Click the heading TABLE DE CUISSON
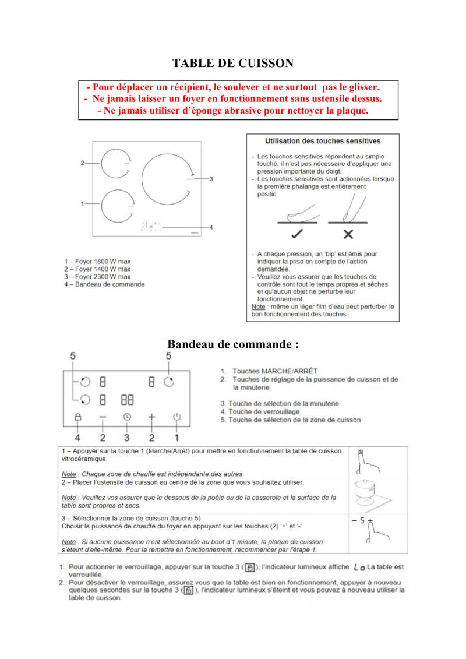point(233,64)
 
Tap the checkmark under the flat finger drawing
point(297,234)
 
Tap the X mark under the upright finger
point(348,234)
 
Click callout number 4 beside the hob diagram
point(211,227)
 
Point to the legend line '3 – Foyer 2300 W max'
point(97,277)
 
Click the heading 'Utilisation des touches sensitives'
point(323,141)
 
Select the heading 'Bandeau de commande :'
point(233,344)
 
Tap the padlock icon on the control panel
point(77,417)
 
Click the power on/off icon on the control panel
point(177,417)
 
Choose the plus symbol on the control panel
point(152,417)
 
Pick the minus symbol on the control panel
point(103,417)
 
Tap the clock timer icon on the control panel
point(127,417)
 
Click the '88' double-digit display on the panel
point(127,400)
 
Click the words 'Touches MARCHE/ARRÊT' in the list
point(275,371)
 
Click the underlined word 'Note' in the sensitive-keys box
point(257,306)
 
